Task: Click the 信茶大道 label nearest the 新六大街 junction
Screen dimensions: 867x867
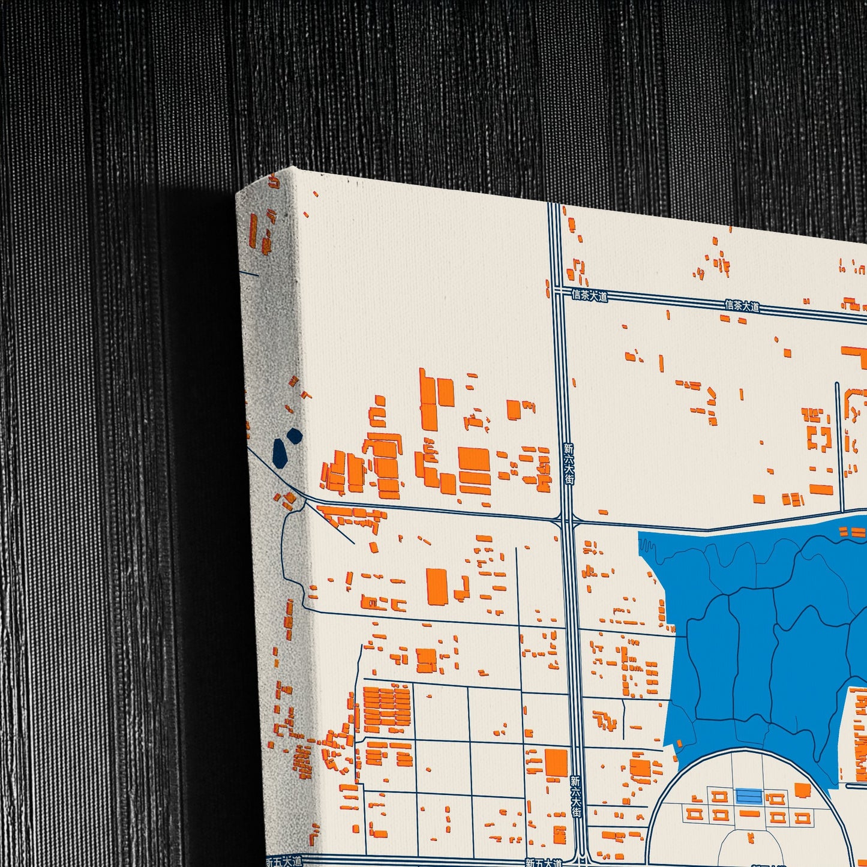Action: pyautogui.click(x=589, y=295)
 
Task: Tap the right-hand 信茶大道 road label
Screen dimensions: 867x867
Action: pyautogui.click(x=742, y=306)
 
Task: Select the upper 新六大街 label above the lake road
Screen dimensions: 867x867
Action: pyautogui.click(x=569, y=464)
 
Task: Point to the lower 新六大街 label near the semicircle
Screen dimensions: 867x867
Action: pyautogui.click(x=575, y=796)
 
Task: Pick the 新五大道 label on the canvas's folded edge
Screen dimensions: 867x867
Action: pyautogui.click(x=283, y=861)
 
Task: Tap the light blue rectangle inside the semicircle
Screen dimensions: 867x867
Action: pyautogui.click(x=749, y=796)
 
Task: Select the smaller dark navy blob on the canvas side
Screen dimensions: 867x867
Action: pyautogui.click(x=294, y=435)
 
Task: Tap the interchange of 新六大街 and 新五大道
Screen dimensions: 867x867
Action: pyautogui.click(x=581, y=862)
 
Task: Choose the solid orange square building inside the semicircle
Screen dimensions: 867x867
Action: pyautogui.click(x=802, y=790)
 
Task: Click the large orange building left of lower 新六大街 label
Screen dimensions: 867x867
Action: pyautogui.click(x=556, y=762)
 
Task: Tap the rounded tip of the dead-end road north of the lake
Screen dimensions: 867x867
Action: pyautogui.click(x=838, y=384)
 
